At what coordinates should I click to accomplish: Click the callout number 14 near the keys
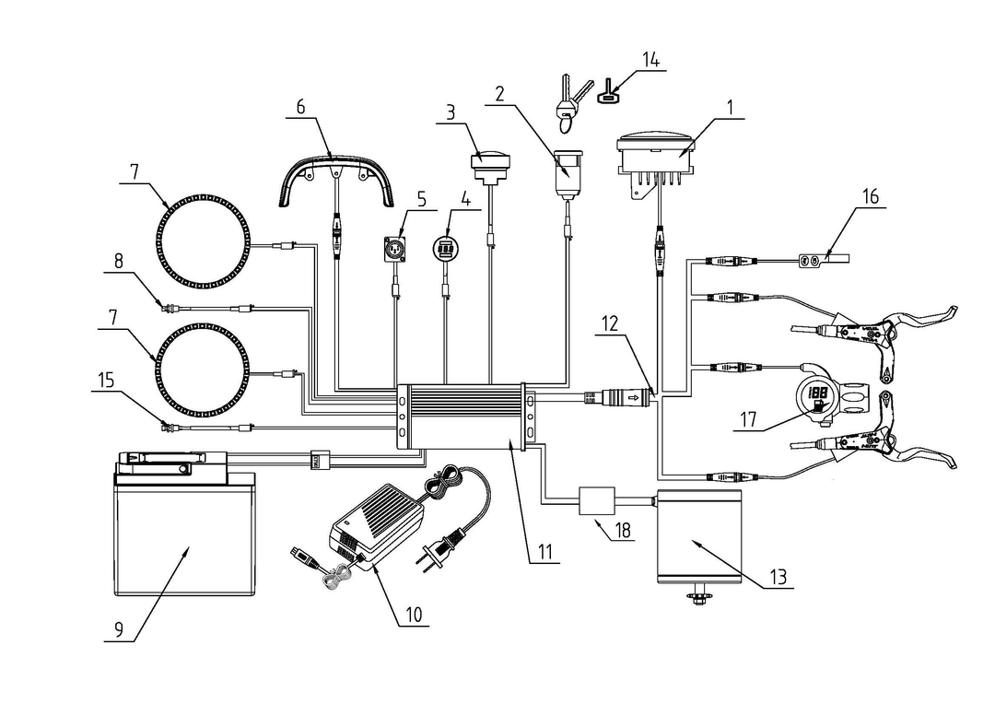[x=650, y=60]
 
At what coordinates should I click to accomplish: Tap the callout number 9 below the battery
[x=119, y=630]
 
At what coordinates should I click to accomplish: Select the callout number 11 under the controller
[x=544, y=553]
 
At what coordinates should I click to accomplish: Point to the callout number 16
[x=871, y=196]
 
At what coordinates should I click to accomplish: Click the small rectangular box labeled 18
[x=598, y=502]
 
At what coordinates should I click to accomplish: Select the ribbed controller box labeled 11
[x=464, y=416]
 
